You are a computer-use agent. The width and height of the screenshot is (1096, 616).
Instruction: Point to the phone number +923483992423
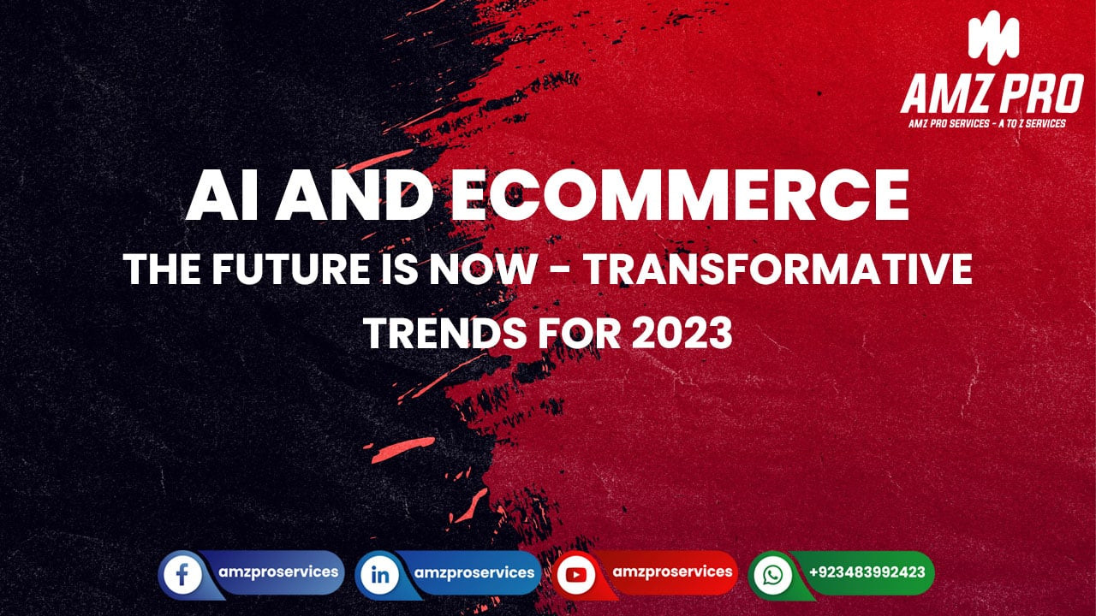[866, 572]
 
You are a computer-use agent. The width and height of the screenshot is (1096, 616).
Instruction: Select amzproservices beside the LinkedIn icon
[474, 572]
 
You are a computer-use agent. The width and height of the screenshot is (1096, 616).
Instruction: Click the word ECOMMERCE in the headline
[679, 197]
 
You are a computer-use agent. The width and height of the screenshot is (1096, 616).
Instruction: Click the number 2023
[682, 333]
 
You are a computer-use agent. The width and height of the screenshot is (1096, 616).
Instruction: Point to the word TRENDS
[433, 333]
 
